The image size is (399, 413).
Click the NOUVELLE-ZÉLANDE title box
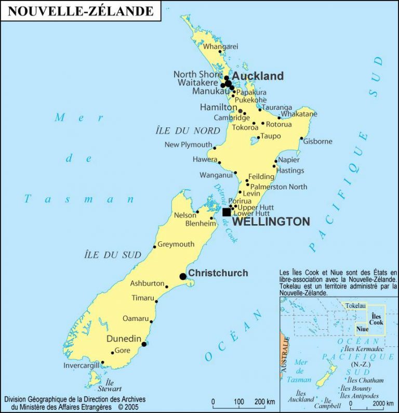[81, 11]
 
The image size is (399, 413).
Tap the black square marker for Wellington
[227, 212]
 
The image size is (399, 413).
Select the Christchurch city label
[218, 273]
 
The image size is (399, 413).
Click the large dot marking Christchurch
[183, 277]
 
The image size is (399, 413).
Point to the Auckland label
[258, 76]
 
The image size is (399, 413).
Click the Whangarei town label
[220, 46]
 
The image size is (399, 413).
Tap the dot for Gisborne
[301, 138]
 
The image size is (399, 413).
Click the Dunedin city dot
[144, 344]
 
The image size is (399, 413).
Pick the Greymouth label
[176, 244]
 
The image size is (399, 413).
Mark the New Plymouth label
[188, 145]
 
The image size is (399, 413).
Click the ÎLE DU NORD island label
[188, 131]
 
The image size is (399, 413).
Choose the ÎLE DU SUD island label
[112, 255]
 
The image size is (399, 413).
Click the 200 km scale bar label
[264, 402]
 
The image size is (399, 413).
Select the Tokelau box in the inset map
[355, 305]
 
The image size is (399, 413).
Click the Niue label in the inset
[362, 329]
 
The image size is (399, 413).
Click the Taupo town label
[270, 136]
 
